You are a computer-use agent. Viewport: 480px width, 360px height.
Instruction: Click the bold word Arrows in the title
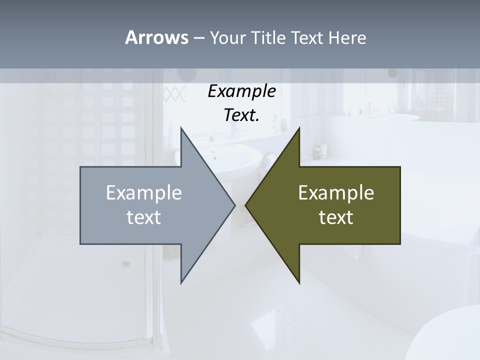click(x=156, y=37)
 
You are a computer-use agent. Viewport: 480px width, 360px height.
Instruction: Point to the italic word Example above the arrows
click(x=242, y=91)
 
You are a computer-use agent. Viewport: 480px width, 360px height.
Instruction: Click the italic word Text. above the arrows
click(x=242, y=115)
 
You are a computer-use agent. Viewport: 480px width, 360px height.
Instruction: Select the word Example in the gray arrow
click(x=144, y=193)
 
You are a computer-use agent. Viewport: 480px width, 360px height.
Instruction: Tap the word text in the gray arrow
click(x=144, y=217)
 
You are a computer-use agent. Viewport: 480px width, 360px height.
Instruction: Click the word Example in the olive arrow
click(x=336, y=193)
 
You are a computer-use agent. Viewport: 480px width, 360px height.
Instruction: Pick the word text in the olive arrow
click(x=336, y=217)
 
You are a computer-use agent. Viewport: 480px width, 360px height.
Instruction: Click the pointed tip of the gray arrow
click(x=234, y=205)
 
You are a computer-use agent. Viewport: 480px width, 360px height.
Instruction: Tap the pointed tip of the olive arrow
click(x=246, y=205)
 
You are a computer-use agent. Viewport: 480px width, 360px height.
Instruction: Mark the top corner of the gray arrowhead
click(x=181, y=128)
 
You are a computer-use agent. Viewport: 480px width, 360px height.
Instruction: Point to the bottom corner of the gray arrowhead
click(x=181, y=282)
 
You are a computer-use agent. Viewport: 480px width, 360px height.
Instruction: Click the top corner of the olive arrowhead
click(x=299, y=128)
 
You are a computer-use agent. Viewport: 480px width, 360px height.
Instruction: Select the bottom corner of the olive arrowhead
click(x=299, y=282)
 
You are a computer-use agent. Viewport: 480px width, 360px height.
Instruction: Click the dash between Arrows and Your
click(x=198, y=38)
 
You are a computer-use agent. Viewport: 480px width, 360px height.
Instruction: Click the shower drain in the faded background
click(x=126, y=263)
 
